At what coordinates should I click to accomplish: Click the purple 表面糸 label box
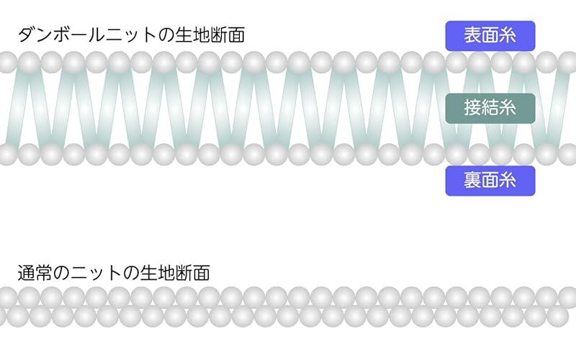(490, 35)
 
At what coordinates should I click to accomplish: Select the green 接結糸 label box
(490, 109)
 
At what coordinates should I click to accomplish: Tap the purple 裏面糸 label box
(490, 181)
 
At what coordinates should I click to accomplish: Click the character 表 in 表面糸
(472, 35)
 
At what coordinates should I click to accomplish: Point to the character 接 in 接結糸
(472, 109)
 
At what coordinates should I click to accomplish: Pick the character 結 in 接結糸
(490, 109)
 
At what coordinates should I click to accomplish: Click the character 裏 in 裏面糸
(472, 181)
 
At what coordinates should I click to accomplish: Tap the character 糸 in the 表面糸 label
(508, 35)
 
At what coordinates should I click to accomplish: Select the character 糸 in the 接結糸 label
(508, 109)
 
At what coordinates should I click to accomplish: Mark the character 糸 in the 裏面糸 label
(508, 181)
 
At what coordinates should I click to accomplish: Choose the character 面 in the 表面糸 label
(490, 35)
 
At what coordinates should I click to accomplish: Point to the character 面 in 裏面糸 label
(490, 181)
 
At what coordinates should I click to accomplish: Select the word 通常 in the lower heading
(35, 273)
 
